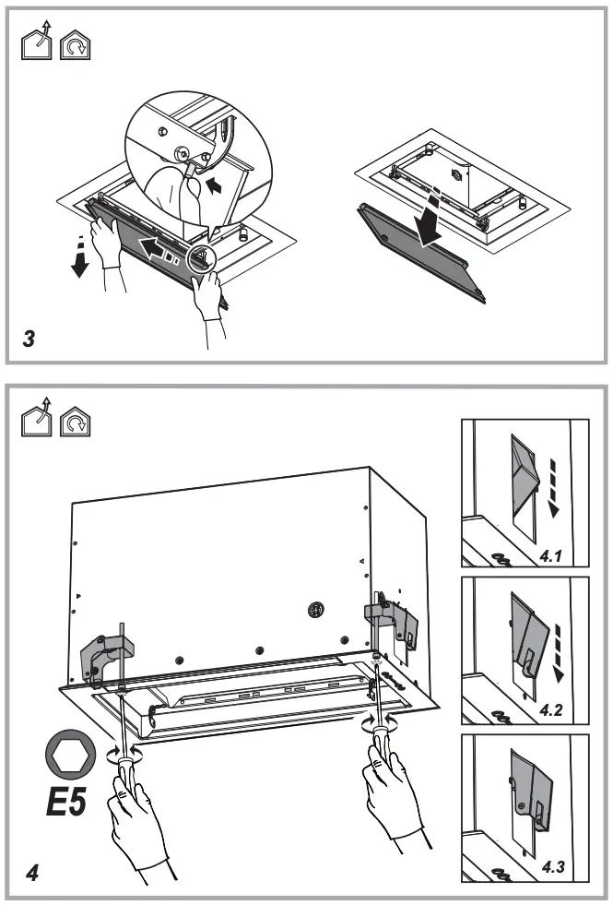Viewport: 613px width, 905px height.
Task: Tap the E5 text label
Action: pos(66,800)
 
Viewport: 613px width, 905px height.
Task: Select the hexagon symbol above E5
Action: pos(66,754)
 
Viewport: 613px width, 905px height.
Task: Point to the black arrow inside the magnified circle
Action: pos(214,185)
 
